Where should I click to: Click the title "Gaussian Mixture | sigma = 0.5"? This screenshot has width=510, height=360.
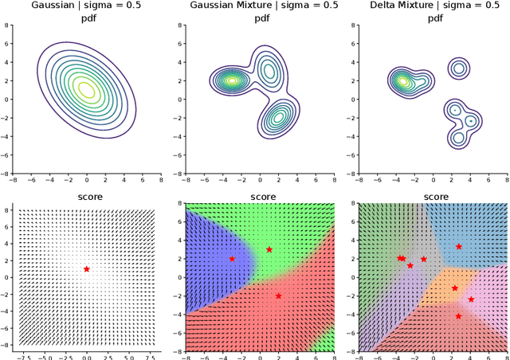pos(253,6)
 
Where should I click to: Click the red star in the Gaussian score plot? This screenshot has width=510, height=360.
pos(86,269)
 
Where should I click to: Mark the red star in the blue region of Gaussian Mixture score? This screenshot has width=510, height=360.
pos(232,259)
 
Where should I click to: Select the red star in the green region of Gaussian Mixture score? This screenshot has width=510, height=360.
pos(269,250)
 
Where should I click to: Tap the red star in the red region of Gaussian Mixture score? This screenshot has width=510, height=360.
pos(278,295)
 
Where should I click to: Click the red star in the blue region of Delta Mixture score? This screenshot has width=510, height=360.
pos(458,247)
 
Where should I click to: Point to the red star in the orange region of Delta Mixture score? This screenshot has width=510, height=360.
pos(455,288)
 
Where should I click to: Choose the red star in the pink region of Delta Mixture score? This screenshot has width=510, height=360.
pos(471,299)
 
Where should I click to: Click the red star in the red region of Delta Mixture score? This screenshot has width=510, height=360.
pos(458,316)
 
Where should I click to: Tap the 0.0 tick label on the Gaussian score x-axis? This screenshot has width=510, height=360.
pos(86,356)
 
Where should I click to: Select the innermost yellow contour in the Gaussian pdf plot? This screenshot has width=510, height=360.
pos(87,88)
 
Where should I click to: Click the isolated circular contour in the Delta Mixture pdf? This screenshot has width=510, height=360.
pos(458,68)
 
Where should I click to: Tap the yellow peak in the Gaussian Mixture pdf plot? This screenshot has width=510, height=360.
pos(232,80)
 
